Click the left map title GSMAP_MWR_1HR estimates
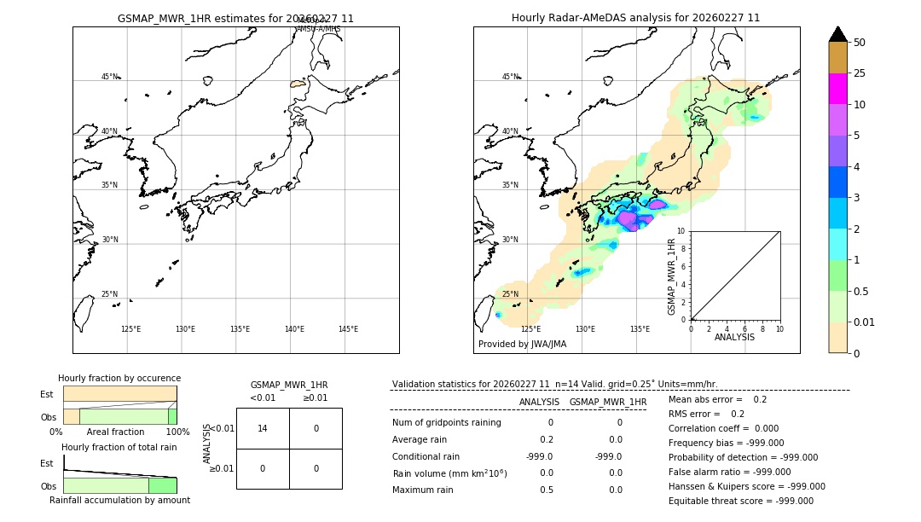click(235, 18)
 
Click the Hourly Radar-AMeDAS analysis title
click(635, 18)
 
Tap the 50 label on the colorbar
click(860, 43)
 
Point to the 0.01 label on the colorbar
click(865, 322)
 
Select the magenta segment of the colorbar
click(837, 89)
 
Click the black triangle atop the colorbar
click(837, 34)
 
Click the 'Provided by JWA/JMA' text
click(522, 345)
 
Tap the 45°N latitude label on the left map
click(109, 77)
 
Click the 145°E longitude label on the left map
click(348, 329)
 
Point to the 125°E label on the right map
click(530, 329)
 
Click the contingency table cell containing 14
click(263, 428)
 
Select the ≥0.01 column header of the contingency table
click(316, 397)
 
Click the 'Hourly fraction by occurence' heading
click(119, 378)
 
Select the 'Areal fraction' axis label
click(115, 432)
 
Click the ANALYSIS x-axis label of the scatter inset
click(735, 337)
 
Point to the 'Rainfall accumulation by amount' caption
click(119, 500)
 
